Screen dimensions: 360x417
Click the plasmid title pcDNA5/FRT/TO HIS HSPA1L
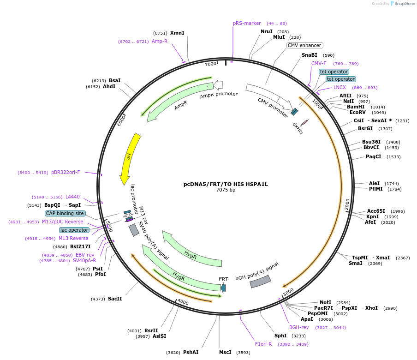click(226, 184)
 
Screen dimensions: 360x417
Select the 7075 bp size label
click(226, 190)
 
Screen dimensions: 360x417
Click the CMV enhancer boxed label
click(304, 45)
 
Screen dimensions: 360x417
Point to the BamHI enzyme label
click(356, 107)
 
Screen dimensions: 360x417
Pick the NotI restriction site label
click(326, 302)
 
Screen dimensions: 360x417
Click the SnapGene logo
click(402, 4)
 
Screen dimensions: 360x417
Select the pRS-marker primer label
click(247, 23)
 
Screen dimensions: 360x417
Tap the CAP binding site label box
click(65, 213)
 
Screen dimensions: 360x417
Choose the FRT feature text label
click(223, 279)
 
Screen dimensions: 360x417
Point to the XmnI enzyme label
click(177, 33)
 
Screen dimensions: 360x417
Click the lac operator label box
click(74, 230)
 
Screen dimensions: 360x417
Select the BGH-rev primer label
click(299, 327)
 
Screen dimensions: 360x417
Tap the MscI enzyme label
click(225, 352)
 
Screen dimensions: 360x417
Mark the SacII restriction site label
click(115, 299)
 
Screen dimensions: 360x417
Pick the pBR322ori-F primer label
click(66, 172)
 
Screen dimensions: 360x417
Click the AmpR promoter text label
click(219, 95)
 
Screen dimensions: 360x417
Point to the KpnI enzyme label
click(373, 216)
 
